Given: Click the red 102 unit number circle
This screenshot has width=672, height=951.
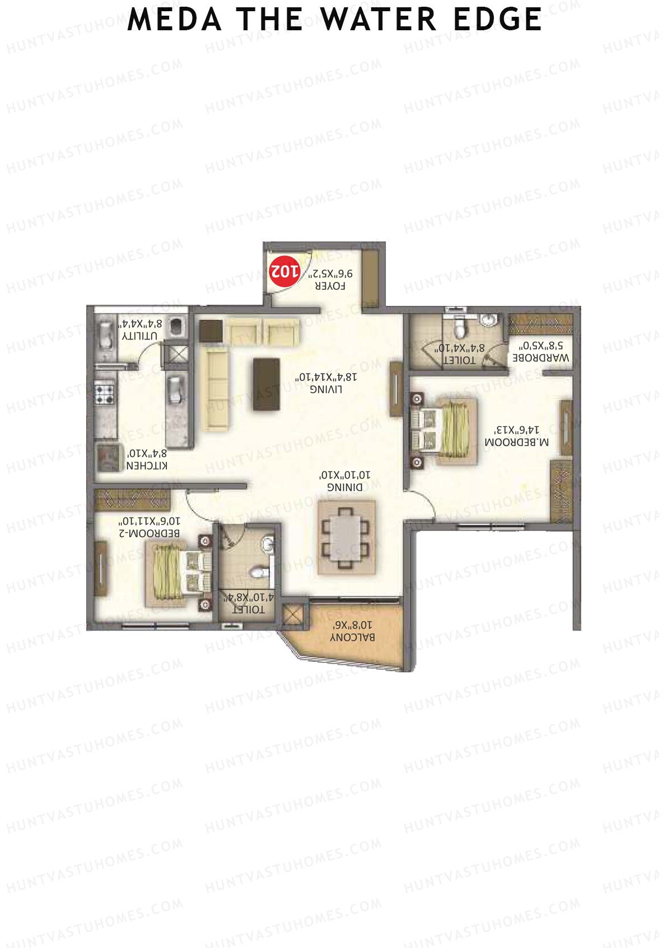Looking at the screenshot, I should [284, 271].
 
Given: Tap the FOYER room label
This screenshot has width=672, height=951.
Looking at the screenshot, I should [330, 286].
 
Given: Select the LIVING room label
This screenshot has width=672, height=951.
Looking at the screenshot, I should [326, 389].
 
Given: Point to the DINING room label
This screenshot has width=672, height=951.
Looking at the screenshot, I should [344, 487].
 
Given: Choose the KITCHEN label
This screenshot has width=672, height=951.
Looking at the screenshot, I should [147, 465].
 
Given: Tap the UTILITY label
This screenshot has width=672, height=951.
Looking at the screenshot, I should [139, 336].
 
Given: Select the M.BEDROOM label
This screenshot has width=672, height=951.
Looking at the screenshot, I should [516, 442].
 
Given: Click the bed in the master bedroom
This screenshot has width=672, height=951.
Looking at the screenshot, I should [445, 430].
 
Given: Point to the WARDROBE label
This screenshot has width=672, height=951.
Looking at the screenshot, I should [541, 358].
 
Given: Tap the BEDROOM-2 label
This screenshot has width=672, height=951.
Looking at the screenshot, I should [149, 533].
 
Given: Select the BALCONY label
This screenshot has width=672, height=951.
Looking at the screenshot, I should [352, 637].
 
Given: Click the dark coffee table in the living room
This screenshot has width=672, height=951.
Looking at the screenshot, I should [267, 384].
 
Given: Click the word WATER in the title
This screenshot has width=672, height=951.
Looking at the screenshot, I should [379, 20].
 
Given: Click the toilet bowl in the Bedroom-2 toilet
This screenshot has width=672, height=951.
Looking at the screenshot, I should [259, 573].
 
